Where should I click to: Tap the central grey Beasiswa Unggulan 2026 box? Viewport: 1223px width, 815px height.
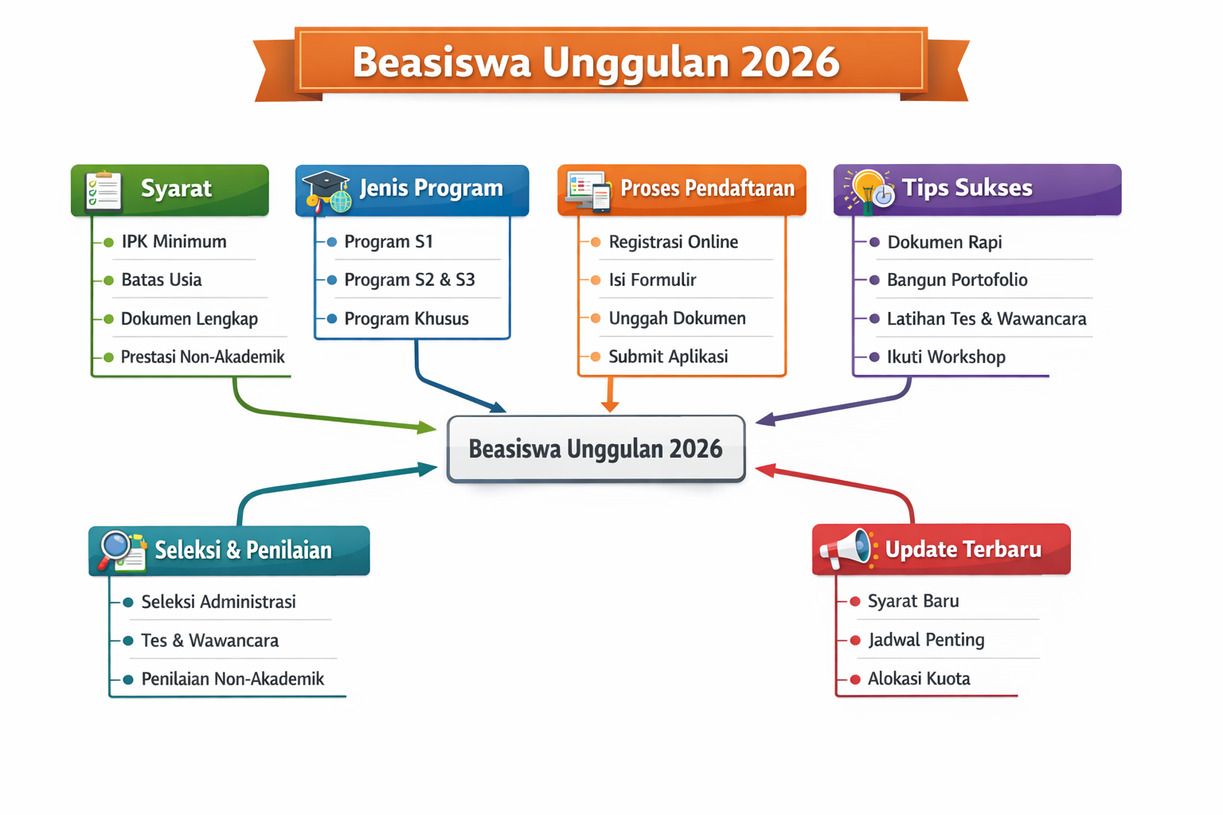pos(596,449)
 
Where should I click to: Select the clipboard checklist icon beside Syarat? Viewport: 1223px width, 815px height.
pos(104,190)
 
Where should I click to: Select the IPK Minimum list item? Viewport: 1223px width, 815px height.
pos(174,241)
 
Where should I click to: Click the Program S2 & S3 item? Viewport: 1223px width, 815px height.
pos(409,279)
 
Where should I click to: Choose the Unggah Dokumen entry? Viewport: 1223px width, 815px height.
pos(677,318)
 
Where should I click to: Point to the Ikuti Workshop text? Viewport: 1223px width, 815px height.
pos(946,357)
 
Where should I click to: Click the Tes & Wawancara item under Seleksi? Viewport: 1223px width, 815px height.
pos(209,641)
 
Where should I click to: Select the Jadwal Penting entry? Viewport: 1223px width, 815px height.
pos(926,640)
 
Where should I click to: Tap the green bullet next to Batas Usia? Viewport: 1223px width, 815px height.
pos(108,281)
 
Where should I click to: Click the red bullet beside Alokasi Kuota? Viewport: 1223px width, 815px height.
pos(856,680)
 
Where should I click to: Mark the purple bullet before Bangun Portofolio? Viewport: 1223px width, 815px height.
pos(874,281)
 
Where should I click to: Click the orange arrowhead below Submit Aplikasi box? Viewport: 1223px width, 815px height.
pos(610,406)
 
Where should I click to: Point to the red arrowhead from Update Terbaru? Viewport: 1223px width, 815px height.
pos(765,470)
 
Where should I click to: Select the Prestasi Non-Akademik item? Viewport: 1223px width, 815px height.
pos(202,357)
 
